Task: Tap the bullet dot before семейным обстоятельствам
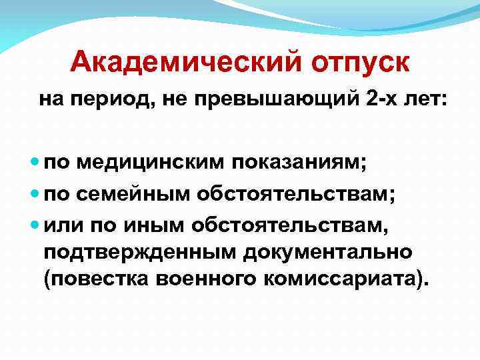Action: tap(35, 193)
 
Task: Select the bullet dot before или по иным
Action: tap(35, 225)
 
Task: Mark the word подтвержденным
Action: tap(139, 253)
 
